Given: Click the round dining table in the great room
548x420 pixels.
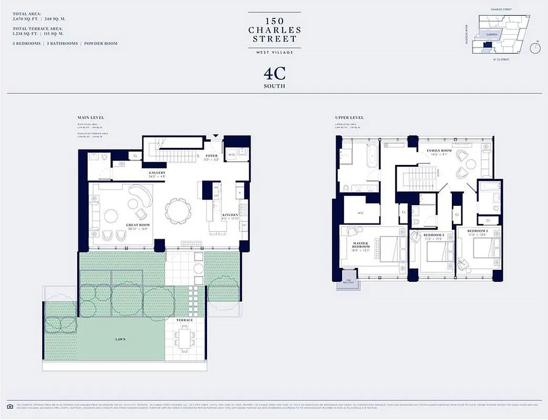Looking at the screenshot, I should pyautogui.click(x=175, y=210).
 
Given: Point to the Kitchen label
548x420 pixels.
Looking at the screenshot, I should pyautogui.click(x=230, y=215).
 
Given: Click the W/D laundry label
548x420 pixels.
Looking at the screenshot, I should pyautogui.click(x=231, y=154).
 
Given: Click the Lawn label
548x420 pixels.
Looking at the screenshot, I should pyautogui.click(x=120, y=339).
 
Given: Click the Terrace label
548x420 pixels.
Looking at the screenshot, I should pyautogui.click(x=185, y=320).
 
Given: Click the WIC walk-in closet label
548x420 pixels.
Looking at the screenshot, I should pyautogui.click(x=361, y=213).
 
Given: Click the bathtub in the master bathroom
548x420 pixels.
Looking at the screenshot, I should pyautogui.click(x=371, y=155).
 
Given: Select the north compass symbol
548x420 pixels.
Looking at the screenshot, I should pyautogui.click(x=535, y=48).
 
